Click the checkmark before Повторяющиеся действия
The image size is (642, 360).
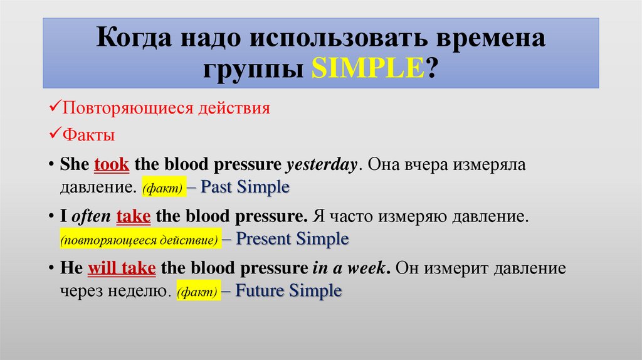tap(54, 108)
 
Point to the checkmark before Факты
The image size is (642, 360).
tap(54, 134)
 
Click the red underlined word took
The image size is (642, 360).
tap(112, 165)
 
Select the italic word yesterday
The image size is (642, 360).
tap(321, 166)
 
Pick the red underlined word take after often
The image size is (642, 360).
tap(133, 217)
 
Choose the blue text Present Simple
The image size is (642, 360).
tap(292, 239)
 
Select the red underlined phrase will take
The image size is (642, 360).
tap(121, 268)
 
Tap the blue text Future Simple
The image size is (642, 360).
tap(289, 291)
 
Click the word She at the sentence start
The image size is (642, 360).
tap(75, 165)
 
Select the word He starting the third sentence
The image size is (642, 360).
tap(71, 268)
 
